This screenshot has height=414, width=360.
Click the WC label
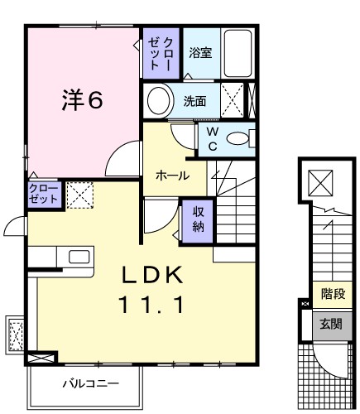(211, 140)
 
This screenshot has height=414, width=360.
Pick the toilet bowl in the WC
(240, 140)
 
